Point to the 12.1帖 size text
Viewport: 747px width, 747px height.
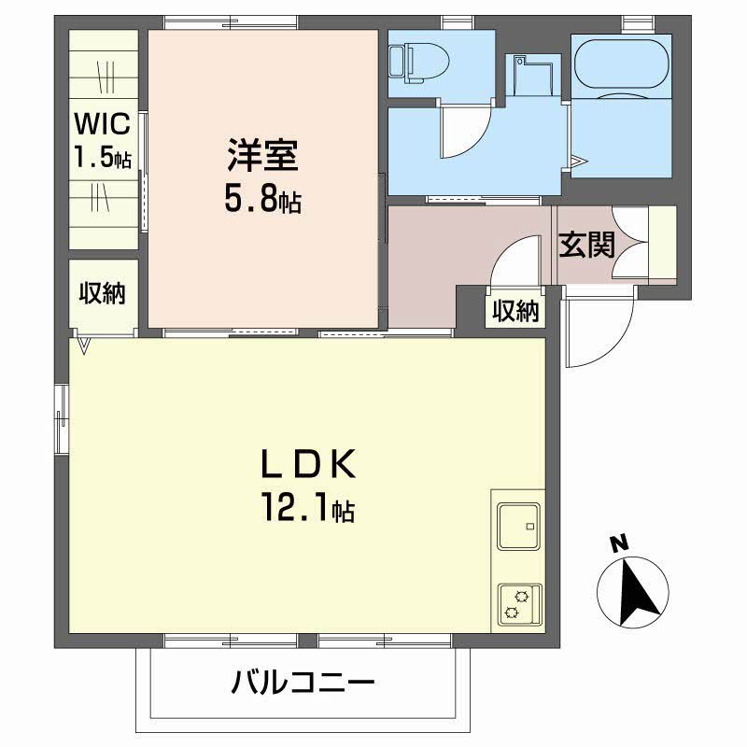coord(306,510)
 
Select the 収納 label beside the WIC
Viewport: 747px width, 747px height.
coord(102,293)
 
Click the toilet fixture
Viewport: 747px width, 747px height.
coord(420,61)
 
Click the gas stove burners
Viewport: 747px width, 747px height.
coord(516,604)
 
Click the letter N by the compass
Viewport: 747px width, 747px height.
coord(616,543)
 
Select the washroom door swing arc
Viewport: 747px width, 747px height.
coord(463,131)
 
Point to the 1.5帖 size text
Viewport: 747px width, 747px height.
coord(104,157)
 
